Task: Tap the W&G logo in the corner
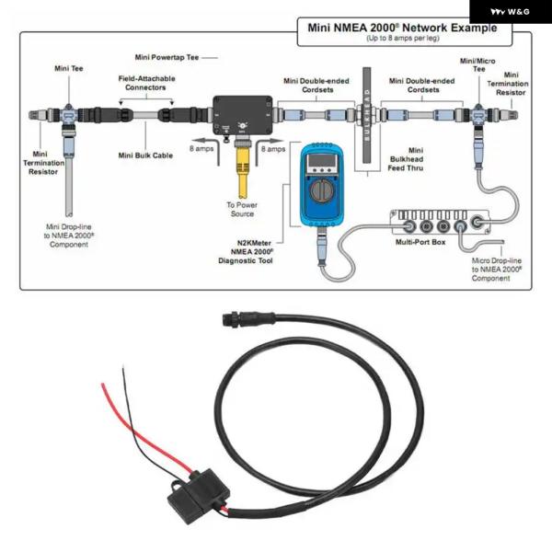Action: point(509,12)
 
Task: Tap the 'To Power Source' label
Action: point(241,210)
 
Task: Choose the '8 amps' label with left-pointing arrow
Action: point(203,148)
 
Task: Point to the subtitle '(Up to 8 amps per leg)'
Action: point(406,39)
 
